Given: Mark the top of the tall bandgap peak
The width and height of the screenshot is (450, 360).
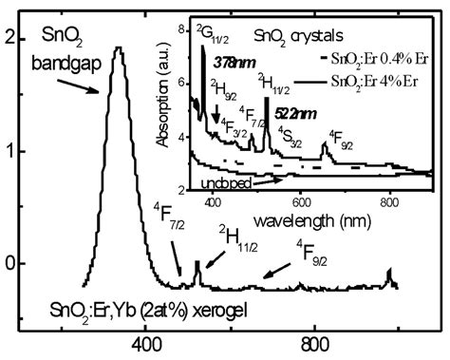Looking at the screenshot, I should coord(118,48).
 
